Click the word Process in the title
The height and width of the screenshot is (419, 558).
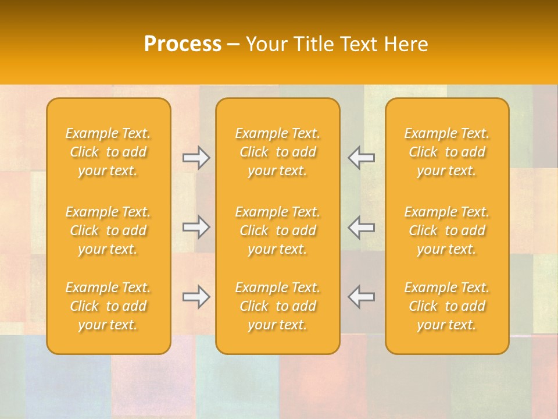point(183,44)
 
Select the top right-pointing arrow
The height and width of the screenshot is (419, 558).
point(196,158)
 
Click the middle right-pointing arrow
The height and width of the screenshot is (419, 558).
point(196,227)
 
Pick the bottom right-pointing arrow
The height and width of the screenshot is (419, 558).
point(196,297)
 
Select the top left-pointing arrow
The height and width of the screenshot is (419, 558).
point(361,158)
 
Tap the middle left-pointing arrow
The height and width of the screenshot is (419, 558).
point(361,227)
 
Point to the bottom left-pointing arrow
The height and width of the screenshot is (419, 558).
point(361,297)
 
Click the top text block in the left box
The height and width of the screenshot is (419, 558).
point(108,152)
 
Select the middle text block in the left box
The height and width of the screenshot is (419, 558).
point(108,230)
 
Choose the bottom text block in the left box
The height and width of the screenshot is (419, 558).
point(108,306)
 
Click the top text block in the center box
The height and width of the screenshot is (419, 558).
point(277,152)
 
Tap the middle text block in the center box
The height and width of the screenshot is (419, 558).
point(277,230)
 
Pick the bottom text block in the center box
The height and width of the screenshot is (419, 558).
point(277,306)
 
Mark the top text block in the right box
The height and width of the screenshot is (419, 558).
point(447,152)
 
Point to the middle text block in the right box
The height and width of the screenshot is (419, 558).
point(447,230)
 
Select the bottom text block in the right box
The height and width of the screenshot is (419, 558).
point(447,306)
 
